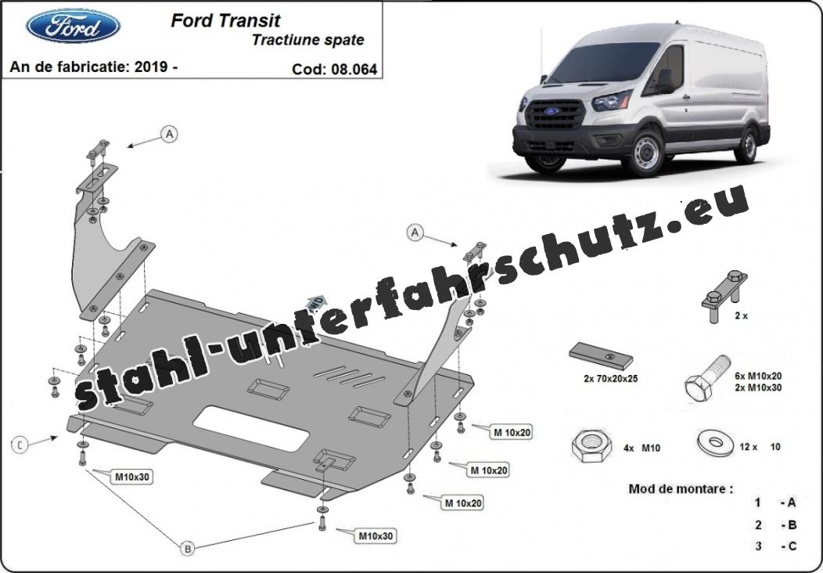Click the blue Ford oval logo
(73, 26)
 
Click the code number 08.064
(354, 70)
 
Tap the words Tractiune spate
(307, 40)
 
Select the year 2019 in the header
(151, 67)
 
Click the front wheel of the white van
(645, 153)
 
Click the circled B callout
(188, 549)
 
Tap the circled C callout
(20, 445)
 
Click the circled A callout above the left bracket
(169, 135)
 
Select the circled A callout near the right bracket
(415, 232)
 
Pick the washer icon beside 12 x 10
(715, 444)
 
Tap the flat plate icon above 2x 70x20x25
(601, 356)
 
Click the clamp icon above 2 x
(724, 296)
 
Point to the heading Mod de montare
(681, 489)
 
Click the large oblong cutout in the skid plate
(251, 428)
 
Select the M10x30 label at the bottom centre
(376, 536)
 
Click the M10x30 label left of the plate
(132, 477)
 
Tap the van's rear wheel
(746, 145)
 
